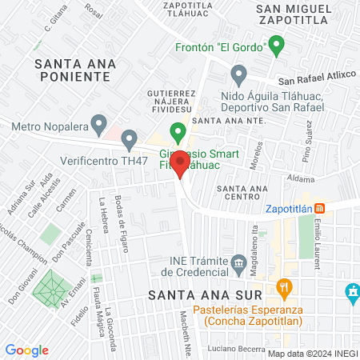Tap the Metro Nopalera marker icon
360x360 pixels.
[x=98, y=124]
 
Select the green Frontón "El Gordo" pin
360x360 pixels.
[x=277, y=46]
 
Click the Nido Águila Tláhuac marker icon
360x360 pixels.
[x=238, y=76]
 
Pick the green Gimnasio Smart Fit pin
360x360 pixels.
[x=178, y=132]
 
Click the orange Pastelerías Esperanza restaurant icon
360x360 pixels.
[x=282, y=286]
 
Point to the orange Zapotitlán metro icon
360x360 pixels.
[x=319, y=207]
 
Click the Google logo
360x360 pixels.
[x=26, y=350]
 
